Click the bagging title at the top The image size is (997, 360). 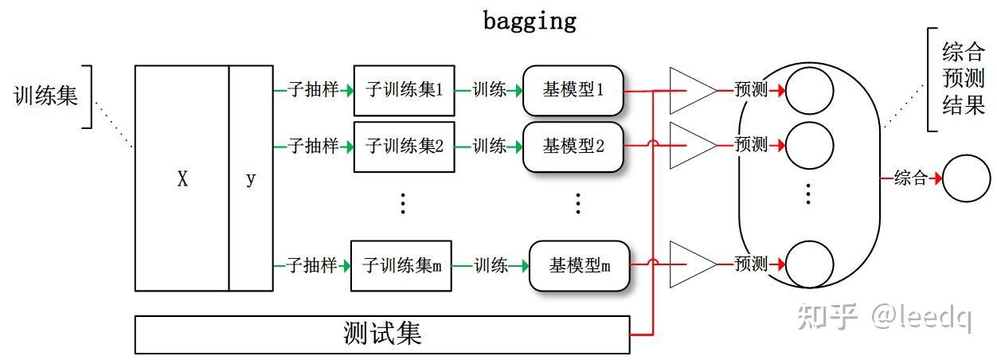click(x=529, y=20)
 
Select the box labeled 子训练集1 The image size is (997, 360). click(x=404, y=90)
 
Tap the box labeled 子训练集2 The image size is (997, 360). click(x=404, y=147)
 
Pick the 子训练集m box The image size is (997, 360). click(x=401, y=265)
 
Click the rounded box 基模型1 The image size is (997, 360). click(x=573, y=90)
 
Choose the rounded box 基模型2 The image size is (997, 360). click(x=573, y=147)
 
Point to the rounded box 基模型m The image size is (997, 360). click(x=579, y=265)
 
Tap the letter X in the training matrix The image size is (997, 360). click(x=182, y=179)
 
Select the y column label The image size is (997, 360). click(x=251, y=179)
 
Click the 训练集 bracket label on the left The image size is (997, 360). click(x=46, y=96)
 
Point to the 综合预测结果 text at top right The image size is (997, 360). click(x=964, y=80)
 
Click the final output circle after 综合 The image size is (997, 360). click(x=966, y=178)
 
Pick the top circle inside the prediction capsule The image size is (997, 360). click(x=810, y=90)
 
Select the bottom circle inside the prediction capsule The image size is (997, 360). click(x=810, y=264)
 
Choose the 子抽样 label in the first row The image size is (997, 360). click(x=312, y=90)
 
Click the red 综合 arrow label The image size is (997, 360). click(x=910, y=178)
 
